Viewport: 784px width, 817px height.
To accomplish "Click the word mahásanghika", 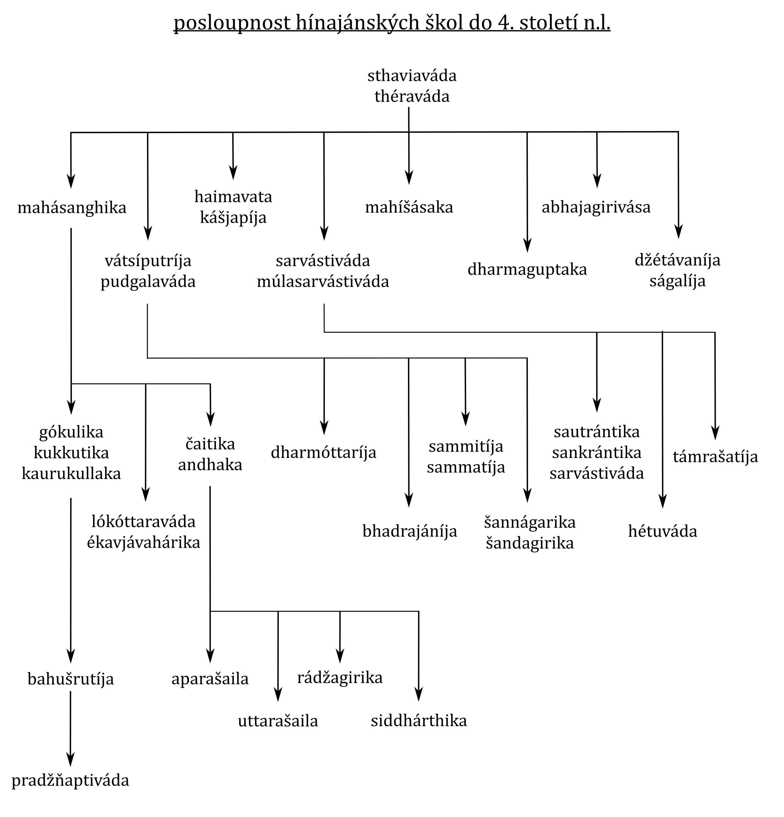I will [x=72, y=208].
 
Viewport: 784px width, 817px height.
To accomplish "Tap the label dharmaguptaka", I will [x=527, y=270].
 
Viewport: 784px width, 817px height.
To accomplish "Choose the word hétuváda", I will [x=663, y=531].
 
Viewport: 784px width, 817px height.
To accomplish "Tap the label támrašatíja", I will [x=715, y=457].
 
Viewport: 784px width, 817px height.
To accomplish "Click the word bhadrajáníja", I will [x=410, y=531].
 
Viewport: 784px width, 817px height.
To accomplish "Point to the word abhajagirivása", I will [x=596, y=207].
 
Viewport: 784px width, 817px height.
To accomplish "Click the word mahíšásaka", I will [x=409, y=207].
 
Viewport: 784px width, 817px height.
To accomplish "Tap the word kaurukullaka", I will [x=71, y=473].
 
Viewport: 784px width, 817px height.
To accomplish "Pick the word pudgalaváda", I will [x=148, y=282].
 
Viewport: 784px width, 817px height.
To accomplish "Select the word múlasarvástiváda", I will [x=323, y=282].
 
